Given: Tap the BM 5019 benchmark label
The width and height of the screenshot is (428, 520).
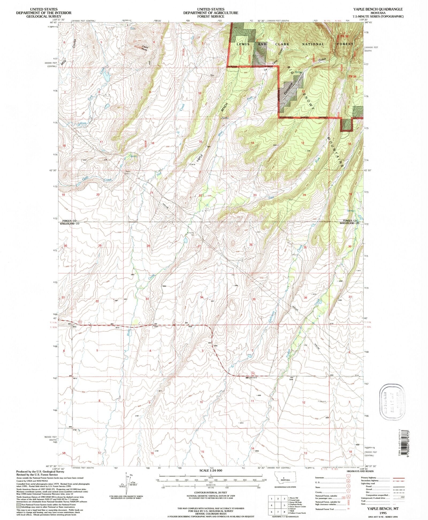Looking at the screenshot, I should click(x=253, y=378).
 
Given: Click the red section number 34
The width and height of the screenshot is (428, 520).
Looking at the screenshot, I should click(x=202, y=297).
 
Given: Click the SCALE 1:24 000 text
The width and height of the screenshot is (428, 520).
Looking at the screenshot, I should click(x=211, y=470).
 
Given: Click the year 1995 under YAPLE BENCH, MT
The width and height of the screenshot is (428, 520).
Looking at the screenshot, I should click(x=381, y=512).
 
